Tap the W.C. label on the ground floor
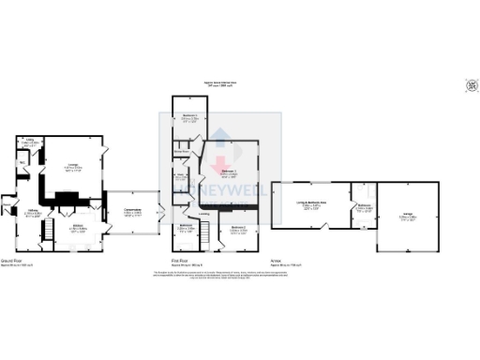22,159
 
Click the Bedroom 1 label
230,172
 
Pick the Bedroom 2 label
237,228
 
